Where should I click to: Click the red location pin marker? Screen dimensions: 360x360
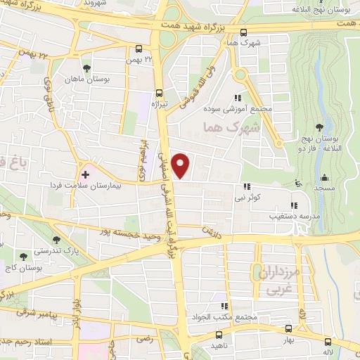tap(182, 165)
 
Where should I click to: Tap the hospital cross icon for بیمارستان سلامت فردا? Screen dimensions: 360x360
tap(86, 174)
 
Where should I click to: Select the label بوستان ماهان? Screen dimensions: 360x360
tap(108, 81)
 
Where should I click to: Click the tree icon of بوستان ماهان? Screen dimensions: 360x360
tap(86, 69)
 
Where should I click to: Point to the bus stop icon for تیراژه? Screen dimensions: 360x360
tap(159, 92)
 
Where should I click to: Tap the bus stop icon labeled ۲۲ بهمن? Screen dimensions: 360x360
tap(139, 49)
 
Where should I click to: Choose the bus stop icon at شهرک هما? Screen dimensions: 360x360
tap(244, 32)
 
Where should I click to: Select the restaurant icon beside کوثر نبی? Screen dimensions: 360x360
tap(246, 186)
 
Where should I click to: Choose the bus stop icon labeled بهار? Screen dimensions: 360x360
tap(288, 328)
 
